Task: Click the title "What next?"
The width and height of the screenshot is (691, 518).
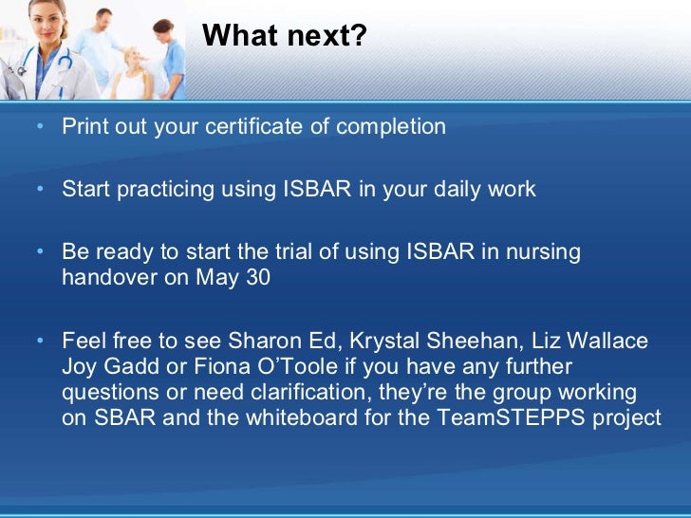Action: coord(284,36)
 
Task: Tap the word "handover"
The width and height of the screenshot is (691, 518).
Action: coord(105,279)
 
